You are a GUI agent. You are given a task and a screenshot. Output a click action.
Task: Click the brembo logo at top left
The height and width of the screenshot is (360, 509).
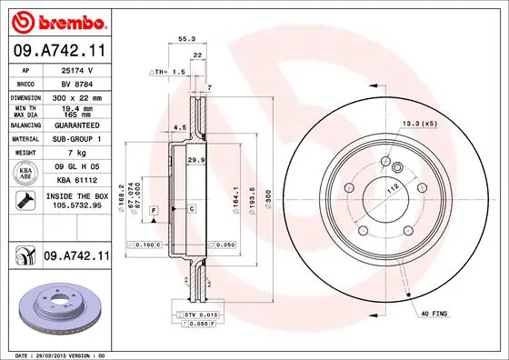57,21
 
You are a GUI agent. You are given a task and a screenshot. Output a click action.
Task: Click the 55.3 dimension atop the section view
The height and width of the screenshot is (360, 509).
186,39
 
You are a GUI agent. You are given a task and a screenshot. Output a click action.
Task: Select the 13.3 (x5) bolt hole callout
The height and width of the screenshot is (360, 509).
418,123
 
